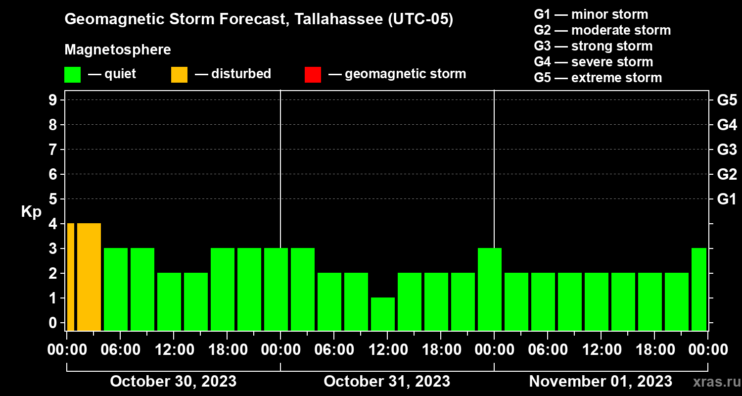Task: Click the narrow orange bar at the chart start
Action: coord(71,277)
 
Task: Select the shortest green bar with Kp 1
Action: coord(383,314)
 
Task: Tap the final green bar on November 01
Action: coord(698,289)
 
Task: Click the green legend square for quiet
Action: coord(72,74)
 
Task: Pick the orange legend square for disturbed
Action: coord(179,74)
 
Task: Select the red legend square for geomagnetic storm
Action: coord(313,74)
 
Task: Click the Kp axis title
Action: coord(31,212)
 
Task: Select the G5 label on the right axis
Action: coord(727,100)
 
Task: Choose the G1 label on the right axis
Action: coord(727,199)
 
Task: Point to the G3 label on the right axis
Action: coord(727,149)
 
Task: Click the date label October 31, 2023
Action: coord(387,381)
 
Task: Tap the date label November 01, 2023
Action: coord(601,381)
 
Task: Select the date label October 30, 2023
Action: coord(173,381)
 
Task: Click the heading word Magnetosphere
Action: coord(118,50)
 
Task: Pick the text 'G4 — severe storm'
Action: coord(594,62)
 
